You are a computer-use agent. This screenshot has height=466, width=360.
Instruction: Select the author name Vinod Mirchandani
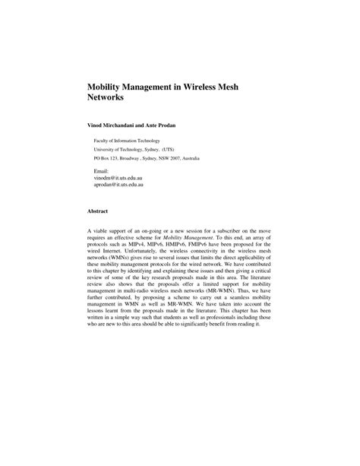point(118,124)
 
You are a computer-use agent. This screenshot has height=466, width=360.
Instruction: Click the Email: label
point(101,171)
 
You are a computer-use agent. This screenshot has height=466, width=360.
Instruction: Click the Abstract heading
point(98,211)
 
